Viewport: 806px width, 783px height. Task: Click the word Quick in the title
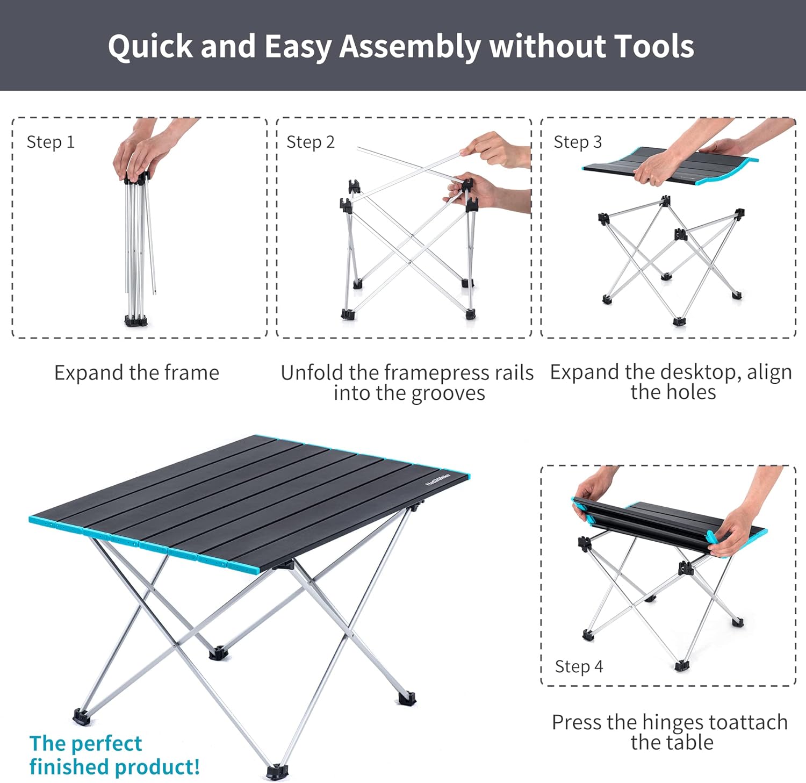point(150,47)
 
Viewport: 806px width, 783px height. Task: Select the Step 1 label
point(51,142)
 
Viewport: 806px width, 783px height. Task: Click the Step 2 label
point(311,142)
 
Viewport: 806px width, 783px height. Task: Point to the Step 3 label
point(578,142)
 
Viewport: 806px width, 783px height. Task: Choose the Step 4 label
point(579,666)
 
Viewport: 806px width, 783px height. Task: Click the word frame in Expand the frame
point(192,372)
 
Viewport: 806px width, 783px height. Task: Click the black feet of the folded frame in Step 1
point(136,321)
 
